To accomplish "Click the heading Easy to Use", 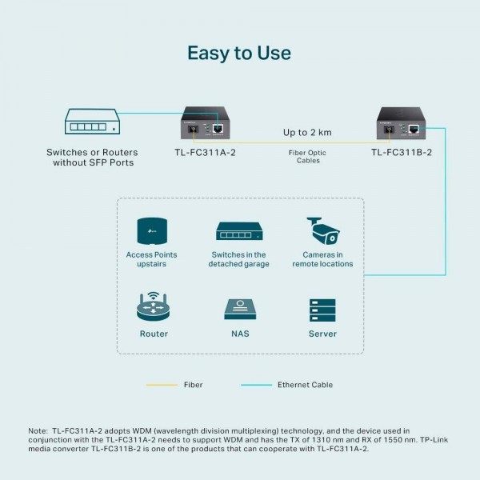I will (x=239, y=53).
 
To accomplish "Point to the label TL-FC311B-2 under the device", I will (x=401, y=152).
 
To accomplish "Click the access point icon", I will (x=152, y=230).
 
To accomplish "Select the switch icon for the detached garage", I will (x=239, y=231).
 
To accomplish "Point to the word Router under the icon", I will (x=153, y=334).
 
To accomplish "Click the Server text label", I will (x=322, y=334).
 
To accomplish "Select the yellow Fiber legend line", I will (x=162, y=385).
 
